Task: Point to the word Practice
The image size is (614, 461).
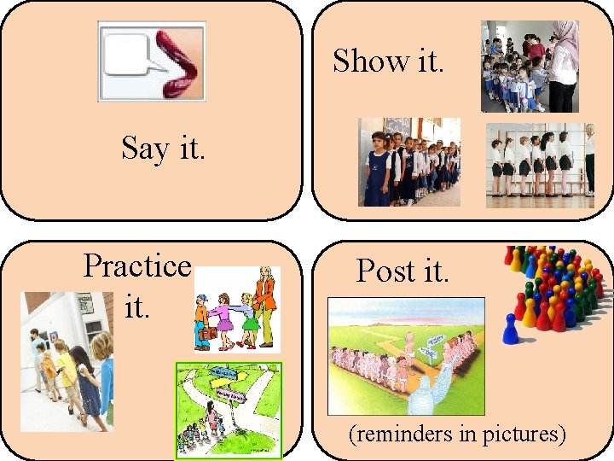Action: [x=136, y=266]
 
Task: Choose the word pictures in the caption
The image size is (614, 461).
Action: [x=523, y=434]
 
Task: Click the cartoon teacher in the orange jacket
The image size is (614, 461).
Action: [x=265, y=299]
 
